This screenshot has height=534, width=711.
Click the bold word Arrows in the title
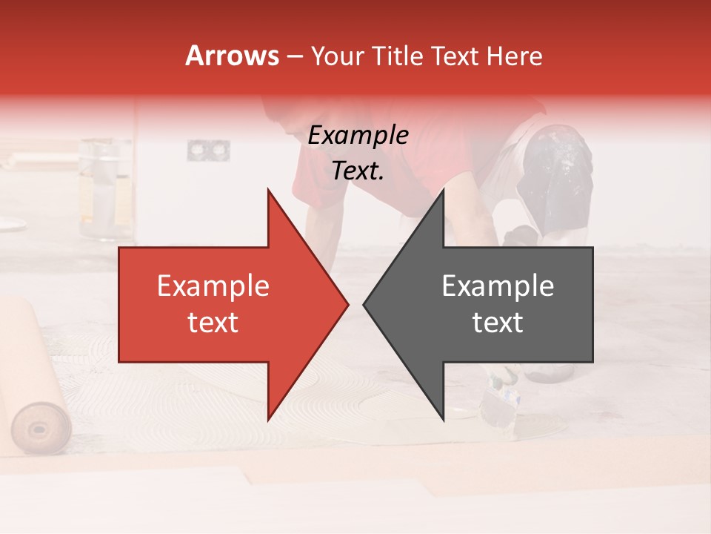click(x=232, y=56)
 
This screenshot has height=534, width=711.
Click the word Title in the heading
click(x=398, y=56)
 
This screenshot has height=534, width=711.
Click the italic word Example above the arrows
click(x=358, y=135)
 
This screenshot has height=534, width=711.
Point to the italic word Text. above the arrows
click(x=358, y=171)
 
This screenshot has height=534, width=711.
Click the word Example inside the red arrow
click(x=213, y=286)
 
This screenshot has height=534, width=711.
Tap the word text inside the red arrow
click(x=213, y=323)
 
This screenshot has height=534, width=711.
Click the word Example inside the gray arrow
click(x=498, y=286)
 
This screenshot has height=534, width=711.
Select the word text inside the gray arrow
click(x=498, y=323)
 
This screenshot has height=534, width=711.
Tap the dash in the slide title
click(x=294, y=56)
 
